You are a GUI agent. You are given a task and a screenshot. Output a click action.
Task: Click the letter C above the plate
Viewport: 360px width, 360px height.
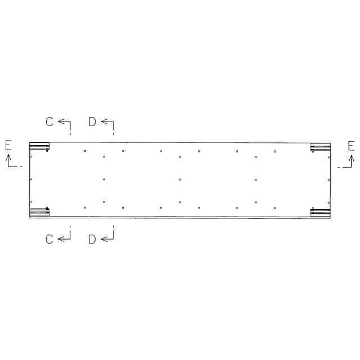[x=49, y=121]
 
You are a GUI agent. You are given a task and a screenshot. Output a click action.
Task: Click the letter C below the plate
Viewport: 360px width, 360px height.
[x=49, y=239]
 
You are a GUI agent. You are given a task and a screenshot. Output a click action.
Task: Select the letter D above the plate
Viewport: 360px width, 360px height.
[x=92, y=121]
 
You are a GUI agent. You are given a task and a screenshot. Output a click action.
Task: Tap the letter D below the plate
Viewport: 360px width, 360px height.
[x=92, y=239]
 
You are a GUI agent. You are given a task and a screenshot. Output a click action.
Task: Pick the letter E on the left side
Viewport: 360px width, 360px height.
[x=8, y=145]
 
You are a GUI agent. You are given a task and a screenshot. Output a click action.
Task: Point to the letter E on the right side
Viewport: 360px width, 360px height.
[x=351, y=146]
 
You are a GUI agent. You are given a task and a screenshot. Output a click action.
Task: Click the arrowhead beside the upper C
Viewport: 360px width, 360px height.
[x=61, y=121]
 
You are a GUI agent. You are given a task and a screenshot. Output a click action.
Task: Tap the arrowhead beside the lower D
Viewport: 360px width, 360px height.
[x=103, y=239]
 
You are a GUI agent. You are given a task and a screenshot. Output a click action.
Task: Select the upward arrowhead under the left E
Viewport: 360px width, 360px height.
[x=8, y=157]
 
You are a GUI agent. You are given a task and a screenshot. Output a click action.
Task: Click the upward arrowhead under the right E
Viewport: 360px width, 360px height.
[x=351, y=158]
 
